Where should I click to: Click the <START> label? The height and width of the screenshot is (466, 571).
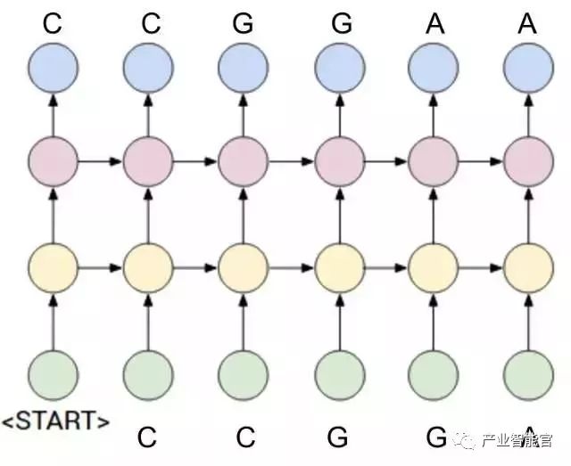coord(55,420)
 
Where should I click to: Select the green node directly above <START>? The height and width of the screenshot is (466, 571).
coord(54,373)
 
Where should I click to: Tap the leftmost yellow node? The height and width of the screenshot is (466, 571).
coord(54,266)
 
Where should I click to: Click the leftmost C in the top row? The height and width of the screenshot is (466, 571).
coord(53,23)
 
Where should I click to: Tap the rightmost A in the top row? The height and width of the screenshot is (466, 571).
coord(527,23)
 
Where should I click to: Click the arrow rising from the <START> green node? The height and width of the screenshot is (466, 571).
coord(54,319)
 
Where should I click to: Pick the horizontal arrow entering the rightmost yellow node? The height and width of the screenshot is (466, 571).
coord(481,266)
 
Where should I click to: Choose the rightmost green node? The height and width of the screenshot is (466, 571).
coord(528,373)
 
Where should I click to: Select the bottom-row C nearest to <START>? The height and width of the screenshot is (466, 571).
coord(147,437)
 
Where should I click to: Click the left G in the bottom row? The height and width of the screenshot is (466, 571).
coord(337,437)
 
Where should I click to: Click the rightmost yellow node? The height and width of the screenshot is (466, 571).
coord(528,266)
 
